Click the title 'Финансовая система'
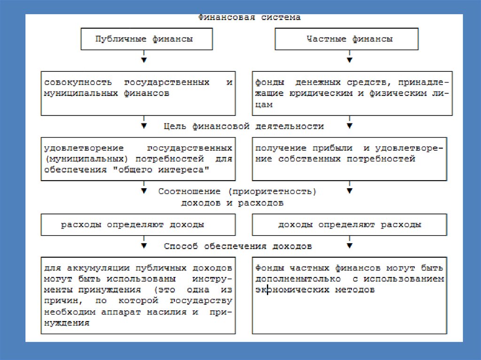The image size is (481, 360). click(x=248, y=18)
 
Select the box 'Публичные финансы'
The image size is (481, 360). click(x=144, y=39)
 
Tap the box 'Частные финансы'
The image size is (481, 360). click(x=347, y=39)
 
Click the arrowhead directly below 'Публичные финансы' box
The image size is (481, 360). click(x=144, y=60)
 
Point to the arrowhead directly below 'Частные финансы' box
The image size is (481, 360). click(x=349, y=60)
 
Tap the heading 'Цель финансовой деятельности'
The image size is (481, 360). click(x=244, y=126)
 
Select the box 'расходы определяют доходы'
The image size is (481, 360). click(x=138, y=225)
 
